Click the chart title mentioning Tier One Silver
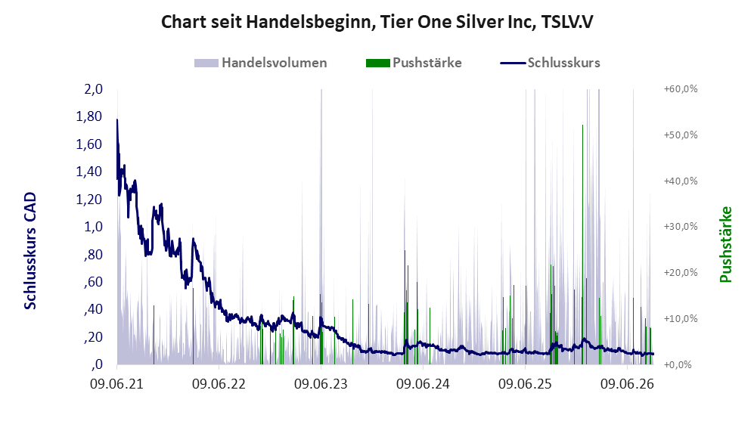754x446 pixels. click(x=377, y=22)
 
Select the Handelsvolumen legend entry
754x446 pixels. click(x=261, y=63)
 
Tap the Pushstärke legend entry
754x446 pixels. click(x=414, y=63)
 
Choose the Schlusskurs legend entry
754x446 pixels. click(x=550, y=63)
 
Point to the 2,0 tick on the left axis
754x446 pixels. click(x=94, y=89)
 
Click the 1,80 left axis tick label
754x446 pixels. click(x=89, y=116)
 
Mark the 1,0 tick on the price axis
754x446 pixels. click(x=94, y=226)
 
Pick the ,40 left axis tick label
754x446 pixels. click(x=93, y=309)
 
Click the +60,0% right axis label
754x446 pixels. click(x=681, y=89)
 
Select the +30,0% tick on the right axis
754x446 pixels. click(x=681, y=226)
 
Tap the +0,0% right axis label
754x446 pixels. click(x=678, y=364)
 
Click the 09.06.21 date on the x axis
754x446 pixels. click(x=117, y=384)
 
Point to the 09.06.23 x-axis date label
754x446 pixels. click(x=321, y=384)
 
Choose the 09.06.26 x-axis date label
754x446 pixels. click(x=627, y=384)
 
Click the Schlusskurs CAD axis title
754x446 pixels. click(x=30, y=251)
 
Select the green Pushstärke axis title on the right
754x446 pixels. click(x=725, y=245)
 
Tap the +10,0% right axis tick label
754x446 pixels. click(x=681, y=318)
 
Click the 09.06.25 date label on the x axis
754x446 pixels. click(x=525, y=384)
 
